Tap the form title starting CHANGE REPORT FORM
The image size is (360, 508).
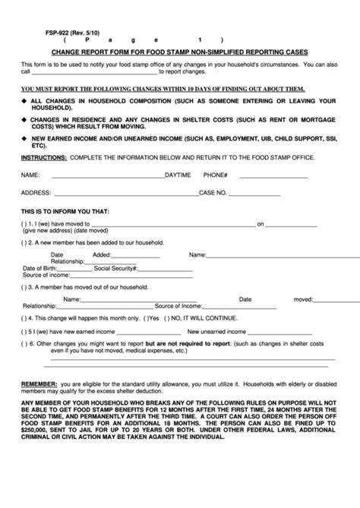tap(180, 53)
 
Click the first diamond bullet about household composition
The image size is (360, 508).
tap(24, 99)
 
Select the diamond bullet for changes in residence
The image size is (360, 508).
tap(24, 120)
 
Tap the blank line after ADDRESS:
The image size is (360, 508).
tap(114, 192)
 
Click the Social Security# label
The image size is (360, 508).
tap(118, 268)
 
